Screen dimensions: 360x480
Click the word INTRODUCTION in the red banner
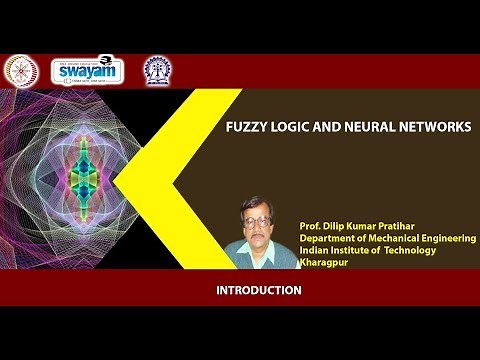point(259,291)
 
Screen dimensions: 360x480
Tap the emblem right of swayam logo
point(157,69)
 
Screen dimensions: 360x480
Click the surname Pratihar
point(392,227)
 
